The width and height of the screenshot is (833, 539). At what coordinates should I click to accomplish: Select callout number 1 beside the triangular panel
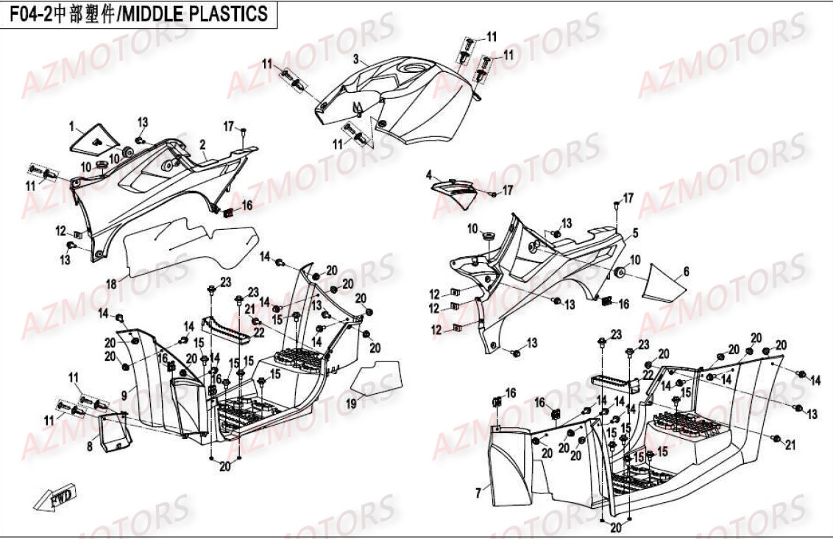tap(72, 127)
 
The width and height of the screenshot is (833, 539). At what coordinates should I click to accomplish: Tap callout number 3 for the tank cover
tap(355, 58)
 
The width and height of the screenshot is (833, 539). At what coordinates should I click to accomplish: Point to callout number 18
tap(110, 283)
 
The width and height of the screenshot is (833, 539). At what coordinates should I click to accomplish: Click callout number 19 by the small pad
tap(351, 403)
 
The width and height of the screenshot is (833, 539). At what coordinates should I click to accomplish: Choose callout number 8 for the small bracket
tap(90, 445)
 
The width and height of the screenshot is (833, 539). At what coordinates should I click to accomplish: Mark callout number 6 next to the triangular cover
tap(686, 272)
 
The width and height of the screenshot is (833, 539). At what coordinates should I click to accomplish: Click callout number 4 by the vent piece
tap(428, 175)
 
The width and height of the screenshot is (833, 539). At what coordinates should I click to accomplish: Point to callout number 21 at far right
tap(790, 444)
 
